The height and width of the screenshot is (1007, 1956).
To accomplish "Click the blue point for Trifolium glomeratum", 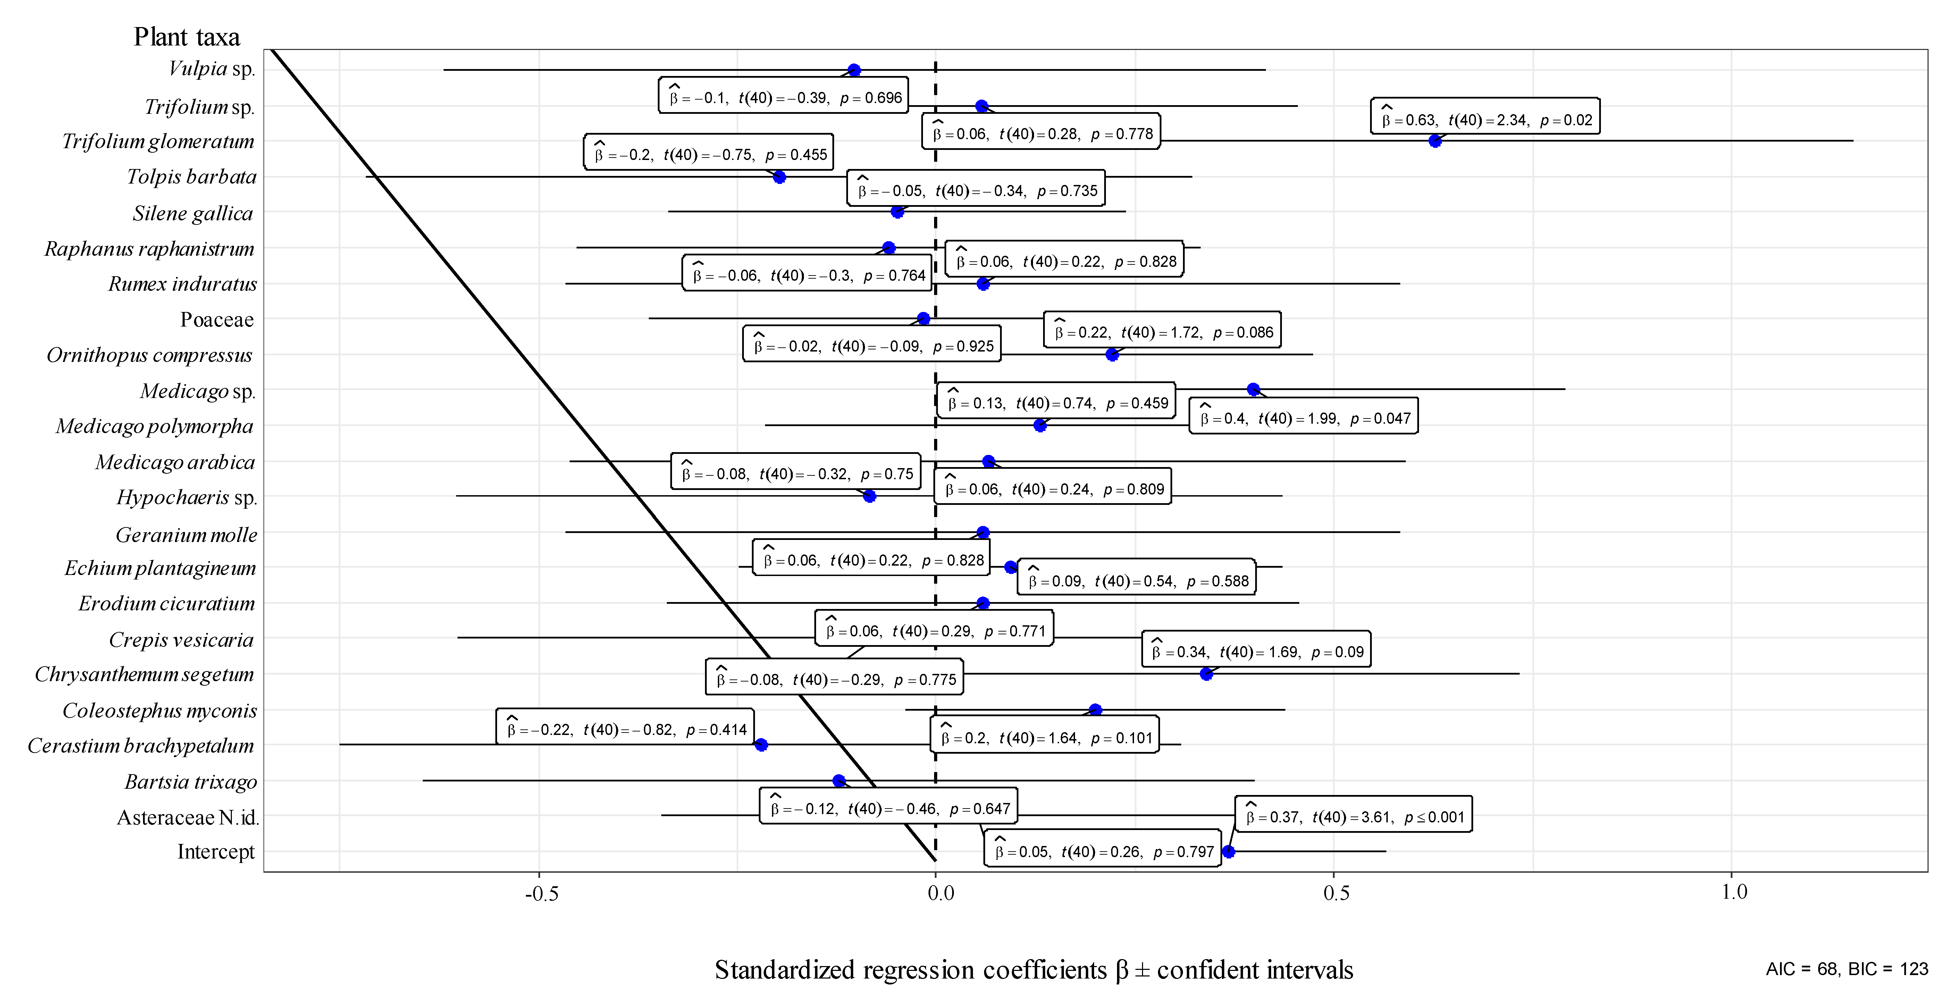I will pos(1434,141).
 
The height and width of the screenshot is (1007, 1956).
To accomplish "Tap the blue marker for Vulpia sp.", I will pos(854,70).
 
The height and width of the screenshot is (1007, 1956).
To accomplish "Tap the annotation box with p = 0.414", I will pos(625,727).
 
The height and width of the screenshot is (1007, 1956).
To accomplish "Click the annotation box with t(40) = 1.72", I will pos(1162,329).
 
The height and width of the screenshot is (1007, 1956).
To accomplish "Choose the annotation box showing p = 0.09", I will pos(1256,649).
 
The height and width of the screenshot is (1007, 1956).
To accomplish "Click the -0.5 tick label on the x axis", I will pos(542,893).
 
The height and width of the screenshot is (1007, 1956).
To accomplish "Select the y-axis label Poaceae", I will pos(216,320).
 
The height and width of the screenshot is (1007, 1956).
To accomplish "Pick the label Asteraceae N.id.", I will pos(187,817).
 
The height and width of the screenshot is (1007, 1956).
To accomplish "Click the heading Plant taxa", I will pos(187,36).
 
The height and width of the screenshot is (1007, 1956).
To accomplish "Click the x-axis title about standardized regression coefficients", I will pos(1033,970).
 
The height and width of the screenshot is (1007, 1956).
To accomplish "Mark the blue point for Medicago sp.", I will pos(1254,389).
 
